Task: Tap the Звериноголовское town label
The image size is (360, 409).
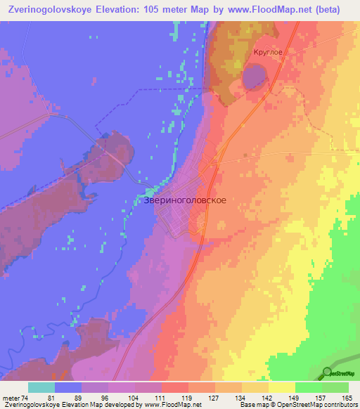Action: pos(184,200)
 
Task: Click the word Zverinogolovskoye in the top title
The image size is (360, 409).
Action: pos(53,10)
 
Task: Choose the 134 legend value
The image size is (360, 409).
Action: pos(242,397)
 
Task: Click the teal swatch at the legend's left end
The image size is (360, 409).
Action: pos(41,387)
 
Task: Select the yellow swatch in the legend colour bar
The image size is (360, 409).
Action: pos(281,387)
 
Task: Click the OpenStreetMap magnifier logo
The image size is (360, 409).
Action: pos(328,372)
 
